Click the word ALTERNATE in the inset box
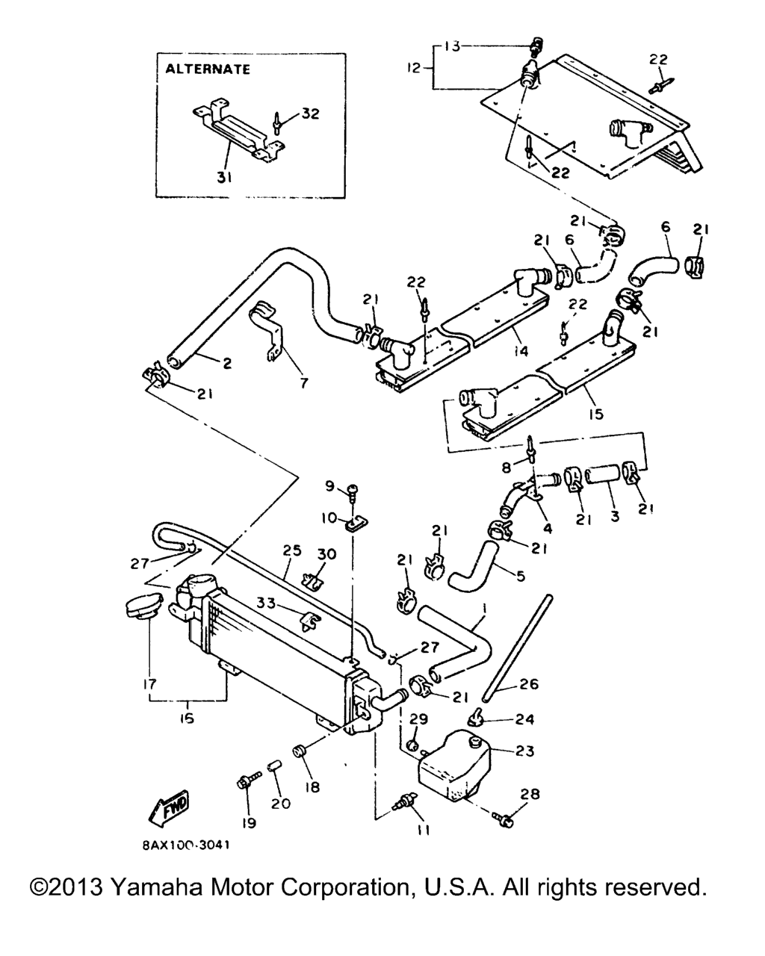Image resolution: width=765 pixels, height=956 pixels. point(208,69)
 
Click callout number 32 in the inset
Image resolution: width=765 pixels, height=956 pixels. point(310,114)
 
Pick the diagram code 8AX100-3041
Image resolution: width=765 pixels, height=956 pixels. point(186,845)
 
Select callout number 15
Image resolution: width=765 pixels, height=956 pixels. point(595,414)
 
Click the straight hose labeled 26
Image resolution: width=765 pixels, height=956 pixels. point(518,651)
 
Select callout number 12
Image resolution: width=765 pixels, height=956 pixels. point(413,69)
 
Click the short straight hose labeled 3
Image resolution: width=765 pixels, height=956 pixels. point(603,475)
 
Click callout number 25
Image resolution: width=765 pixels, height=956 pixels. point(292,550)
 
